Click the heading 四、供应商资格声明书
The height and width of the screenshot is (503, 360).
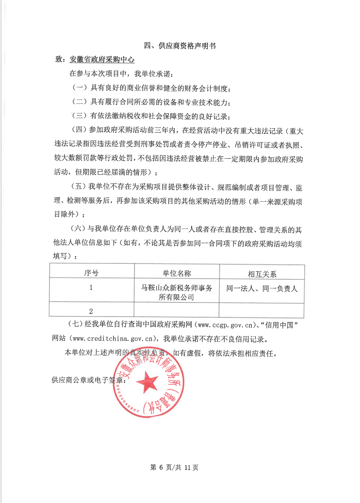tap(180, 46)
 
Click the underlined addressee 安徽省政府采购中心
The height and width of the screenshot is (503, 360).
tap(102, 60)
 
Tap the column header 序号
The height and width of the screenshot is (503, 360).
tap(91, 273)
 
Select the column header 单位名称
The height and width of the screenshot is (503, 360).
tap(177, 273)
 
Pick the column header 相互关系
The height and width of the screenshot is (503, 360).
tap(262, 274)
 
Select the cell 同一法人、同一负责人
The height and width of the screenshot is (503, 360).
tap(262, 289)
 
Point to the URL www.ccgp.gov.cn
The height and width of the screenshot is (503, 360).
tap(225, 325)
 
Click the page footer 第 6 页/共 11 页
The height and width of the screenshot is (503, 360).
tap(174, 467)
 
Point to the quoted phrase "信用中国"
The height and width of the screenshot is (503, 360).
tap(279, 325)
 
